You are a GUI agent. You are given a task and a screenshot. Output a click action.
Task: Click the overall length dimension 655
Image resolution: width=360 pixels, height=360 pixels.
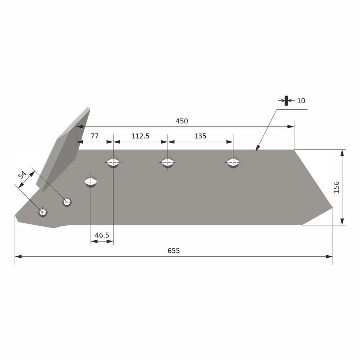tap(174, 251)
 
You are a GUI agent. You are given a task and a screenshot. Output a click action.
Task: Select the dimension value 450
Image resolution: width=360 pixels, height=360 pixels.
tap(182, 121)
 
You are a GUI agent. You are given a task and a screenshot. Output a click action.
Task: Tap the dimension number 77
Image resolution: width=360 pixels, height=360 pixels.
tap(95, 136)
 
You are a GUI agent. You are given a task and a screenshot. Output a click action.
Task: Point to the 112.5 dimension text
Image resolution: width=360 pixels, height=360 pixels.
tap(140, 136)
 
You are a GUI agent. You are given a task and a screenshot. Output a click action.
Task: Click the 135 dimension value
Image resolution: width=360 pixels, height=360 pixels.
tap(200, 136)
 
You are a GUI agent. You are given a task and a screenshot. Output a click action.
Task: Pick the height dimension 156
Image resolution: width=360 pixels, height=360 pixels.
tap(336, 187)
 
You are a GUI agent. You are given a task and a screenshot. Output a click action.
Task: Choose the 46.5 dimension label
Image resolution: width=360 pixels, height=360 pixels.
tap(102, 235)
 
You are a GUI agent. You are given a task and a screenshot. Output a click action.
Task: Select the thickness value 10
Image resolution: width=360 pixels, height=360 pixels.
tap(301, 101)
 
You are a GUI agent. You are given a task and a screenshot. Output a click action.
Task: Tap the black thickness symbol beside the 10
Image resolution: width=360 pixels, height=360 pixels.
tap(287, 101)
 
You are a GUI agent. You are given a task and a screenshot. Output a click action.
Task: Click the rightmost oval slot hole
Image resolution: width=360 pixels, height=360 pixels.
tap(233, 162)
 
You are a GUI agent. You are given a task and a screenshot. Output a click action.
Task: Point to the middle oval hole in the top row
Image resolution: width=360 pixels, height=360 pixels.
tap(168, 162)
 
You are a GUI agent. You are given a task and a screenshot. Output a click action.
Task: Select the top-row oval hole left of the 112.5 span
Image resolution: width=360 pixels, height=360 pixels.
tap(113, 162)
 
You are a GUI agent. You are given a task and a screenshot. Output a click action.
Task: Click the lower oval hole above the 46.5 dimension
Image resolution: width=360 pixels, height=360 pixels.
tap(91, 182)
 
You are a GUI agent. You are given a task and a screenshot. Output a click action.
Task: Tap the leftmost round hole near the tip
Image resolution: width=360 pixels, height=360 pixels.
tap(43, 212)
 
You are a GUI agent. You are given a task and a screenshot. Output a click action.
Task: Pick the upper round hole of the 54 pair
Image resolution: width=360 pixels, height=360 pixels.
tap(67, 202)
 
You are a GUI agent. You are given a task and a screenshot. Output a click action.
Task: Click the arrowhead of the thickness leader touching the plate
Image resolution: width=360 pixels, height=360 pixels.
tap(257, 149)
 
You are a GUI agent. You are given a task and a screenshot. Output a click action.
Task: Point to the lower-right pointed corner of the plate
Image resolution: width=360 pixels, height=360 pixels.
tap(332, 208)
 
